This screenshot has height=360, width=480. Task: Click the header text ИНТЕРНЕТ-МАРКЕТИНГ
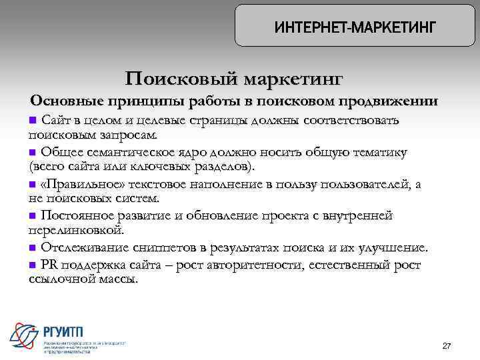[355, 27]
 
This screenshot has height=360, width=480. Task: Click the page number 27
[447, 346]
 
